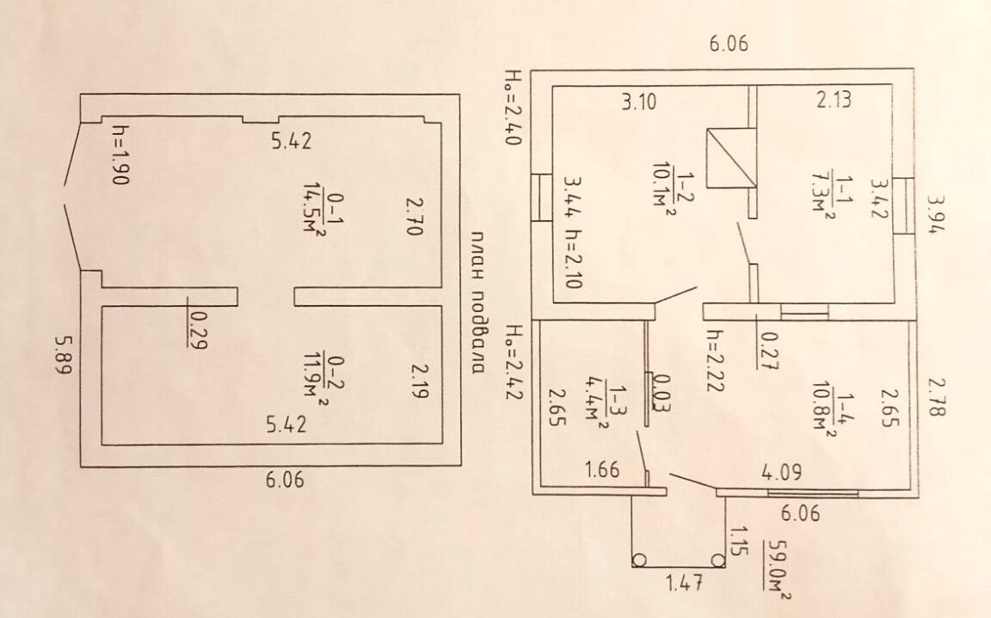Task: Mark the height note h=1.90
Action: (x=120, y=154)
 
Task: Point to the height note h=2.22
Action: (x=714, y=360)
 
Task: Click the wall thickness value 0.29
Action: (x=197, y=329)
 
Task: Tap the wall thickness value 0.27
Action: (x=767, y=351)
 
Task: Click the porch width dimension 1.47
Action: (x=685, y=582)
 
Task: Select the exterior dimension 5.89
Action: (x=64, y=355)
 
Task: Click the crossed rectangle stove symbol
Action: (x=731, y=158)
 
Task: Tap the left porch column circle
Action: (x=639, y=560)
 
